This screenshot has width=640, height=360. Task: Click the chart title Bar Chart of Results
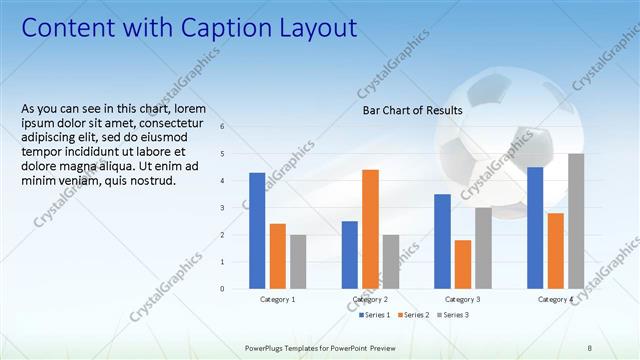(412, 111)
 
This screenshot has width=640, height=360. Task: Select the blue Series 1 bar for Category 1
(257, 230)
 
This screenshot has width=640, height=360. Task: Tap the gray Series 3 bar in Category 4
(576, 221)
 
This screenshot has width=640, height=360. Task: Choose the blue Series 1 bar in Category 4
(535, 227)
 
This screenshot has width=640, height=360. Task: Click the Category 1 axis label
(277, 299)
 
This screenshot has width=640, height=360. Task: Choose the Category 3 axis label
(462, 299)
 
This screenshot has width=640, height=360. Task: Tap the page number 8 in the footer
(589, 348)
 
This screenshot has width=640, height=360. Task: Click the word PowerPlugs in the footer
(266, 348)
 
